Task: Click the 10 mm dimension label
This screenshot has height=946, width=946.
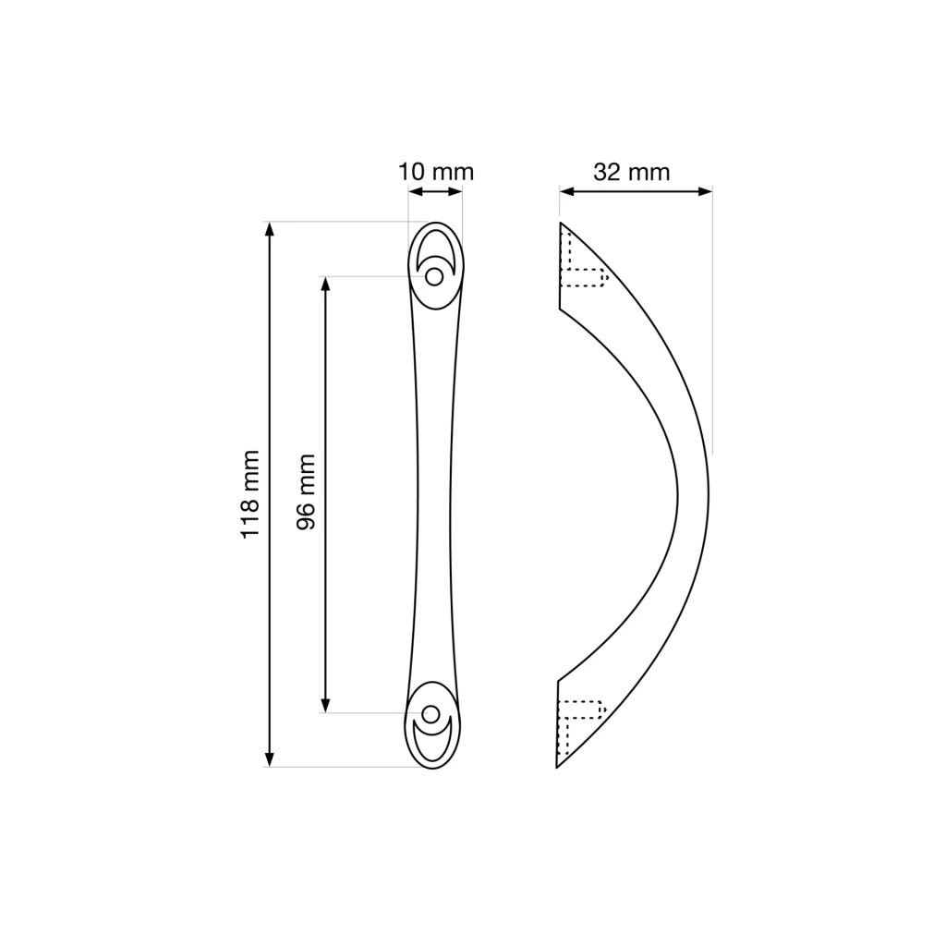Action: tap(436, 173)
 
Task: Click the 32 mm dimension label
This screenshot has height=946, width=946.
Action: tap(631, 173)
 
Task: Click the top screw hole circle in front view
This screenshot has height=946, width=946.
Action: tap(434, 277)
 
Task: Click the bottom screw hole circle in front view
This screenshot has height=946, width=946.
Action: tap(431, 714)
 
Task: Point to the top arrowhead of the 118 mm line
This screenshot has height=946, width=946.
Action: tap(270, 229)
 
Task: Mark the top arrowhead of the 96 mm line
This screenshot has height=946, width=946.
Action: tap(326, 285)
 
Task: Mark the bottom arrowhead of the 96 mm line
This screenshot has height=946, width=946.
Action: tap(326, 705)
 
